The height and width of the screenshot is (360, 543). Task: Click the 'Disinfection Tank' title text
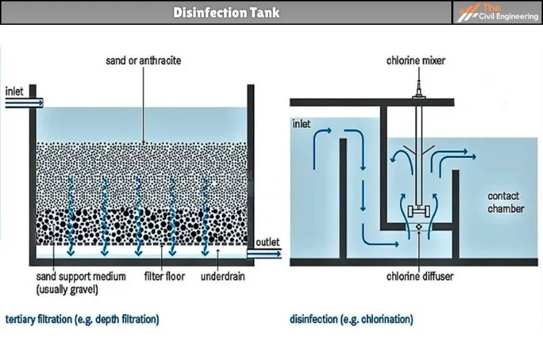pos(226,12)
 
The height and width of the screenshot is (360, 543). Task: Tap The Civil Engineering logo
pos(497,12)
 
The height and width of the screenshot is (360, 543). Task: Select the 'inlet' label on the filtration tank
pos(15,91)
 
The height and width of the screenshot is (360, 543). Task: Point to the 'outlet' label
pos(267,243)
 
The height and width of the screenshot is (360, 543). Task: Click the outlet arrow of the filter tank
pos(265,254)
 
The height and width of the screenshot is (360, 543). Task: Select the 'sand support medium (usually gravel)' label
pos(81,283)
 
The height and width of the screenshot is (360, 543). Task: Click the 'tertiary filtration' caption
pos(82,319)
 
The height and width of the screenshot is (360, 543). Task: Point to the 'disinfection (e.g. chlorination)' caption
pos(351,319)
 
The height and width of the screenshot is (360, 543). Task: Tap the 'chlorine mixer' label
pos(416,61)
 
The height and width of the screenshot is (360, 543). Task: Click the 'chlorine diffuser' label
pos(419,277)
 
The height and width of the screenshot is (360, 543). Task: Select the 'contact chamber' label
pos(506,202)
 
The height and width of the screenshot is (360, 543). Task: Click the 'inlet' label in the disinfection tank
pos(301,125)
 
